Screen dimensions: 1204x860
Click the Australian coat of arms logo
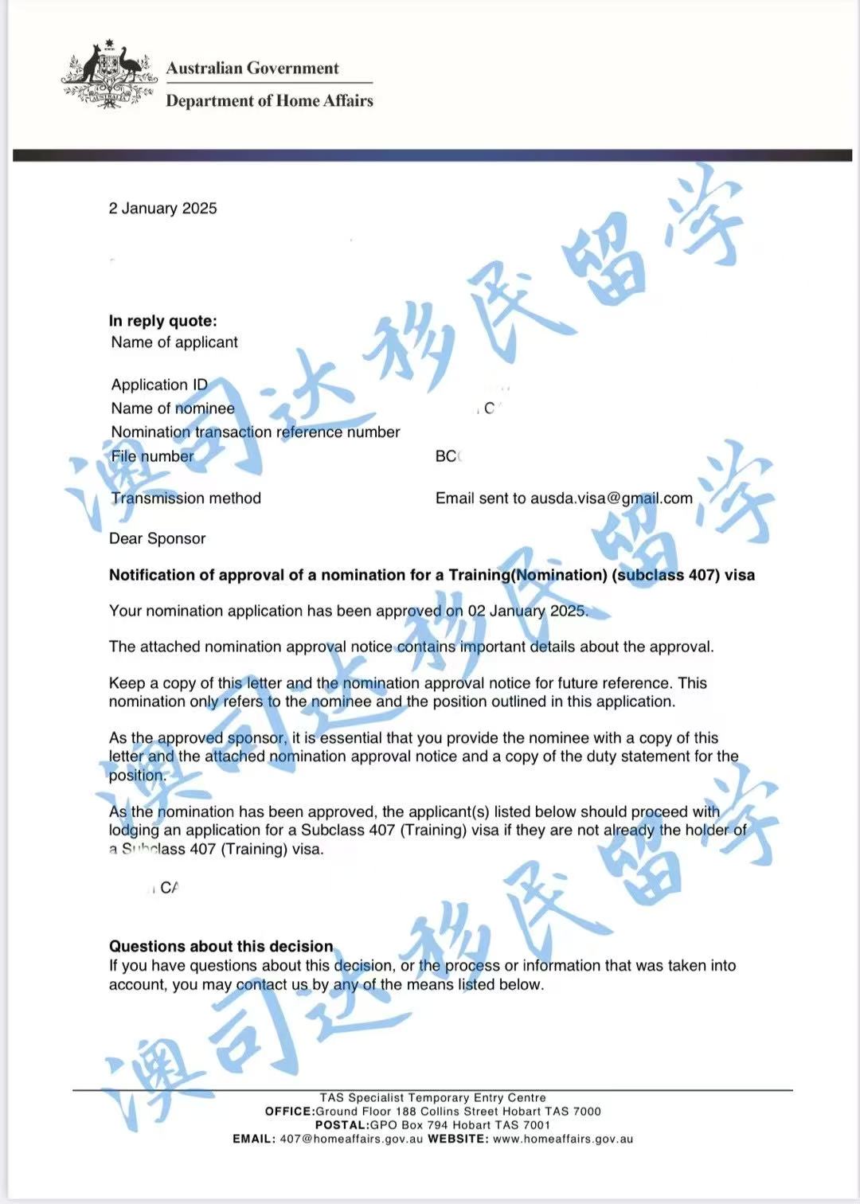click(x=109, y=73)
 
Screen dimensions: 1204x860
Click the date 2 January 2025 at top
click(x=162, y=209)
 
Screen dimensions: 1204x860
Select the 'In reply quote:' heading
click(x=162, y=321)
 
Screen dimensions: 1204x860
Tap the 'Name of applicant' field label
click(x=174, y=342)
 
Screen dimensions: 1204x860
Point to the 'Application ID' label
click(x=159, y=385)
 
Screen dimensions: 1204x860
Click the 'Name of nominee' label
click(x=173, y=408)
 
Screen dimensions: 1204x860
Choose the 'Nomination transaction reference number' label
click(x=255, y=432)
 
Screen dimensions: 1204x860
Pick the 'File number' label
click(x=152, y=456)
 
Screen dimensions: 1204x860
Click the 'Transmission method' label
click(x=186, y=498)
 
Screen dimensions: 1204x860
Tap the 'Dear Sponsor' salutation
click(x=157, y=539)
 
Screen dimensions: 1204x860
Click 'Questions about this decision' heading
click(x=221, y=947)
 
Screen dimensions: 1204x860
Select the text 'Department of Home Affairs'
click(x=269, y=101)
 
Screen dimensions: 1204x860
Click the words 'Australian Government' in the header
click(x=252, y=68)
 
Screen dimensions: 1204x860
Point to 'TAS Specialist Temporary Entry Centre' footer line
click(x=432, y=1097)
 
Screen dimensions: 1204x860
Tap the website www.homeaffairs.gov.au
click(x=563, y=1139)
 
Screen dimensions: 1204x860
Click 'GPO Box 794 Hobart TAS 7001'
click(x=459, y=1125)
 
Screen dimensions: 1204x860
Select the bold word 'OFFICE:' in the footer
click(x=290, y=1112)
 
